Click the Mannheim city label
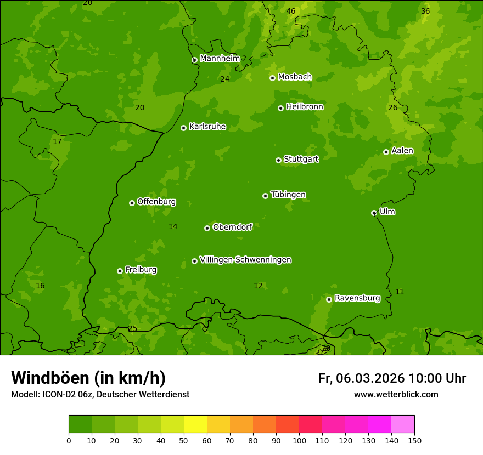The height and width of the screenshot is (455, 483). (220, 59)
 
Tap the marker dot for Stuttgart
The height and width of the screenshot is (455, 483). (278, 160)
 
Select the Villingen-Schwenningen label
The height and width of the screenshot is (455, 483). (245, 260)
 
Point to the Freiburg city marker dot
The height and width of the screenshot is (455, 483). (120, 271)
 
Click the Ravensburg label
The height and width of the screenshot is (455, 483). (357, 298)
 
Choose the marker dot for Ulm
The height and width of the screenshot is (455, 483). (374, 213)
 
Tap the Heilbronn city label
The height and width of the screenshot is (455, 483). (305, 107)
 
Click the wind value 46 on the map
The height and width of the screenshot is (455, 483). (291, 11)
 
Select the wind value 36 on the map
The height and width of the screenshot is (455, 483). (425, 11)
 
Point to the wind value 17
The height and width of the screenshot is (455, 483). (57, 142)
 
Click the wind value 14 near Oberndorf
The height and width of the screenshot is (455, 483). (173, 226)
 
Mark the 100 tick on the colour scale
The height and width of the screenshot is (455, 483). (299, 440)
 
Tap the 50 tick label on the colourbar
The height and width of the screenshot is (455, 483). (184, 440)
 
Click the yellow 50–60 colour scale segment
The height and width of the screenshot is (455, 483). (195, 424)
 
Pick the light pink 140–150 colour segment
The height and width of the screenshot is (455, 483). (403, 424)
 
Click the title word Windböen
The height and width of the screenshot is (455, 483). (50, 378)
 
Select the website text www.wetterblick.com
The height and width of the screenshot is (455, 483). (396, 394)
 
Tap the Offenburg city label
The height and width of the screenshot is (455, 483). (156, 202)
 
